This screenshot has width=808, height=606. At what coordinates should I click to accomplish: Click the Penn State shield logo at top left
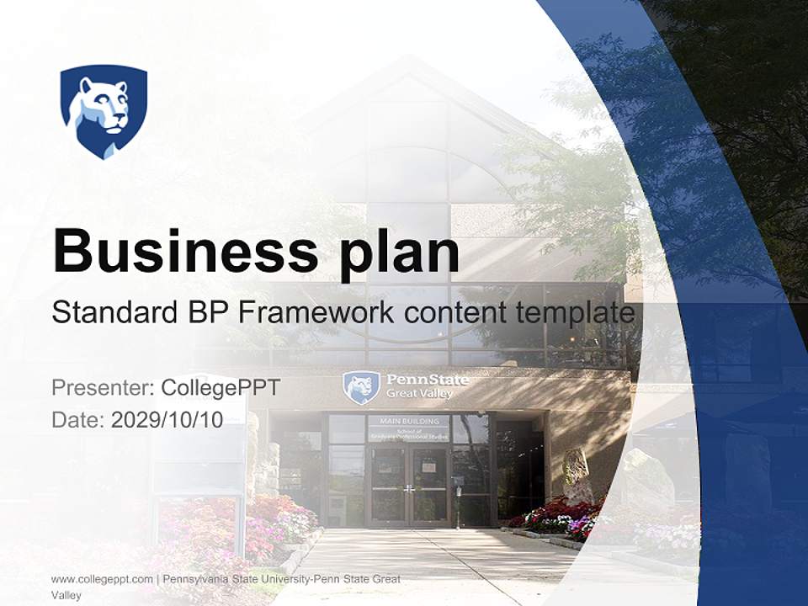[104, 110]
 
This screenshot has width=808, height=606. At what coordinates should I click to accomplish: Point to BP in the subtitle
[206, 312]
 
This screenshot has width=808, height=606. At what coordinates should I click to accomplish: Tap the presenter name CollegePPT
[220, 388]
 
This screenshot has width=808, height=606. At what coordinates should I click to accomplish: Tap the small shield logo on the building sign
[361, 387]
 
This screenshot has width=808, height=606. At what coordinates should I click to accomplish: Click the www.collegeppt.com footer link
[102, 579]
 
